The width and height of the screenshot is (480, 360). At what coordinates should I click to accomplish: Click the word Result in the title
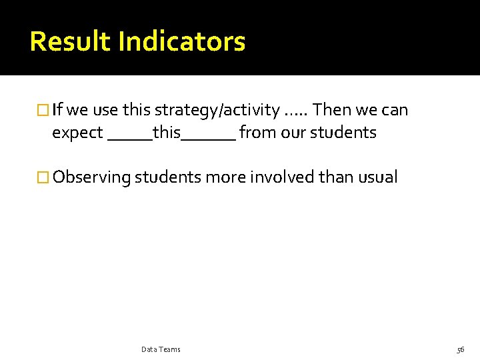(x=71, y=41)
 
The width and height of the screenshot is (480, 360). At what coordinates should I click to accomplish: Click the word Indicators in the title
(x=181, y=41)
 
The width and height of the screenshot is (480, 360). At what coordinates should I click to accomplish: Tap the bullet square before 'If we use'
(x=43, y=109)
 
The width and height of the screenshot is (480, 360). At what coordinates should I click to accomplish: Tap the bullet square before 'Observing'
(x=43, y=177)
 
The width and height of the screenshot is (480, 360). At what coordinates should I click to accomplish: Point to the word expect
(x=77, y=133)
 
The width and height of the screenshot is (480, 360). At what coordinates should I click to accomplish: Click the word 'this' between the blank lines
(x=167, y=132)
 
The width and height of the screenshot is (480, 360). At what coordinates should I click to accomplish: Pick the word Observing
(x=91, y=178)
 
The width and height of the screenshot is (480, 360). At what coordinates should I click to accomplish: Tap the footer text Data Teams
(x=161, y=349)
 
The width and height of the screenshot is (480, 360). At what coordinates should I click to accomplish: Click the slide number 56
(x=460, y=349)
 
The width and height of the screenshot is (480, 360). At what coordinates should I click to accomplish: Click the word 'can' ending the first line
(x=395, y=110)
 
